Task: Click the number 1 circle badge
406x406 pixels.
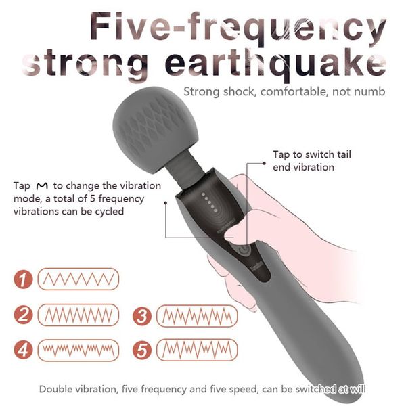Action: pyautogui.click(x=23, y=279)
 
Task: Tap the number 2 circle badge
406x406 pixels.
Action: pyautogui.click(x=23, y=315)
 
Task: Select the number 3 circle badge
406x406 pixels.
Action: pyautogui.click(x=142, y=316)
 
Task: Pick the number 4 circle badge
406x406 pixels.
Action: pyautogui.click(x=23, y=350)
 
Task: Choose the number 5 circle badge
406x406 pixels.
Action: pyautogui.click(x=142, y=351)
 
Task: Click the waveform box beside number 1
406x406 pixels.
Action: pyautogui.click(x=78, y=279)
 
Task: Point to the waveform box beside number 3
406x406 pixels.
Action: pyautogui.click(x=197, y=316)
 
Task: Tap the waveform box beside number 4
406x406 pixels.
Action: pyautogui.click(x=78, y=351)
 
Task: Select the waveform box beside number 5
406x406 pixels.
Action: pyautogui.click(x=197, y=350)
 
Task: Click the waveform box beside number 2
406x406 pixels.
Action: pyautogui.click(x=78, y=315)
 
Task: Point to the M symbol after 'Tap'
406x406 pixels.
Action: pyautogui.click(x=42, y=186)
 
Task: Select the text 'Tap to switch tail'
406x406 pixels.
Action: pyautogui.click(x=312, y=154)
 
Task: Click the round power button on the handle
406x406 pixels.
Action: pyautogui.click(x=243, y=250)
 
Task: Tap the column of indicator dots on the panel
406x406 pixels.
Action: pyautogui.click(x=209, y=202)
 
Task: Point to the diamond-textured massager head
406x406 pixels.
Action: pyautogui.click(x=156, y=129)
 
